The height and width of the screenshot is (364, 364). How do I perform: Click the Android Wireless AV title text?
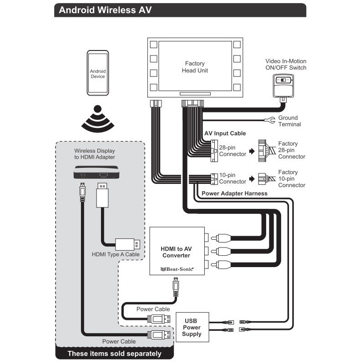tap(102, 10)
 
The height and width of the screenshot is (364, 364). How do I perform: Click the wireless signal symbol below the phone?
tap(97, 119)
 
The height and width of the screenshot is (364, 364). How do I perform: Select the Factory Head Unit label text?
tap(195, 67)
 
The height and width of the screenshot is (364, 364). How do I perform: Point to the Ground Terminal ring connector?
tap(269, 120)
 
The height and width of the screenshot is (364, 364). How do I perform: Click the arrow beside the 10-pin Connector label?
tap(252, 178)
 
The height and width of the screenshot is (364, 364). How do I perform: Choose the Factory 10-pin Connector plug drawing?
tap(264, 178)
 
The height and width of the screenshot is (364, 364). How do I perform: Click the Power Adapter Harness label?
tap(234, 193)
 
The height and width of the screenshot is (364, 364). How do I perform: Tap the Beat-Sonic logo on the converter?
tap(177, 269)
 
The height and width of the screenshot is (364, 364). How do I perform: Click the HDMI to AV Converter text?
tap(177, 252)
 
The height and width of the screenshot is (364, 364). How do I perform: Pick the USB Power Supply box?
tap(192, 327)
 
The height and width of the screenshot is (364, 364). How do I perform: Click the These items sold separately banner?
tap(114, 354)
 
